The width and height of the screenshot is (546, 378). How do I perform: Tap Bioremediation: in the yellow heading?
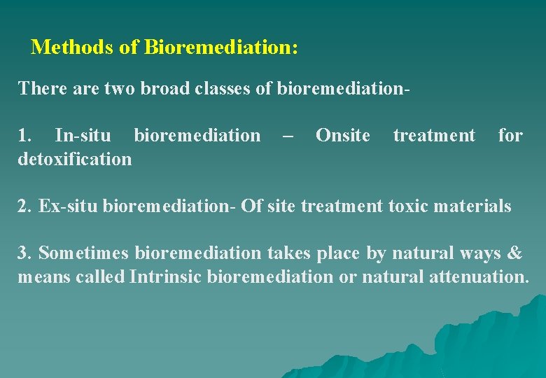coord(221,48)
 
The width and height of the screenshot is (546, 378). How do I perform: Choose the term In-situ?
coord(82,135)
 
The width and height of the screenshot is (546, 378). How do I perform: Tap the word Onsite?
coord(343,135)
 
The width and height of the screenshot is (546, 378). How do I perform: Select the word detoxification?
coord(75,159)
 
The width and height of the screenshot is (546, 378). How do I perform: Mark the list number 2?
coord(25,206)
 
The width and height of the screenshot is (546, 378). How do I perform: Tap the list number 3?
coord(24,253)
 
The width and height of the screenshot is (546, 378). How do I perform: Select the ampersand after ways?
coord(515,253)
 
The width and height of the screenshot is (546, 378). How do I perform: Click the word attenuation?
coord(477,276)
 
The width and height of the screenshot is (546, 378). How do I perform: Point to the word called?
coord(101,276)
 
